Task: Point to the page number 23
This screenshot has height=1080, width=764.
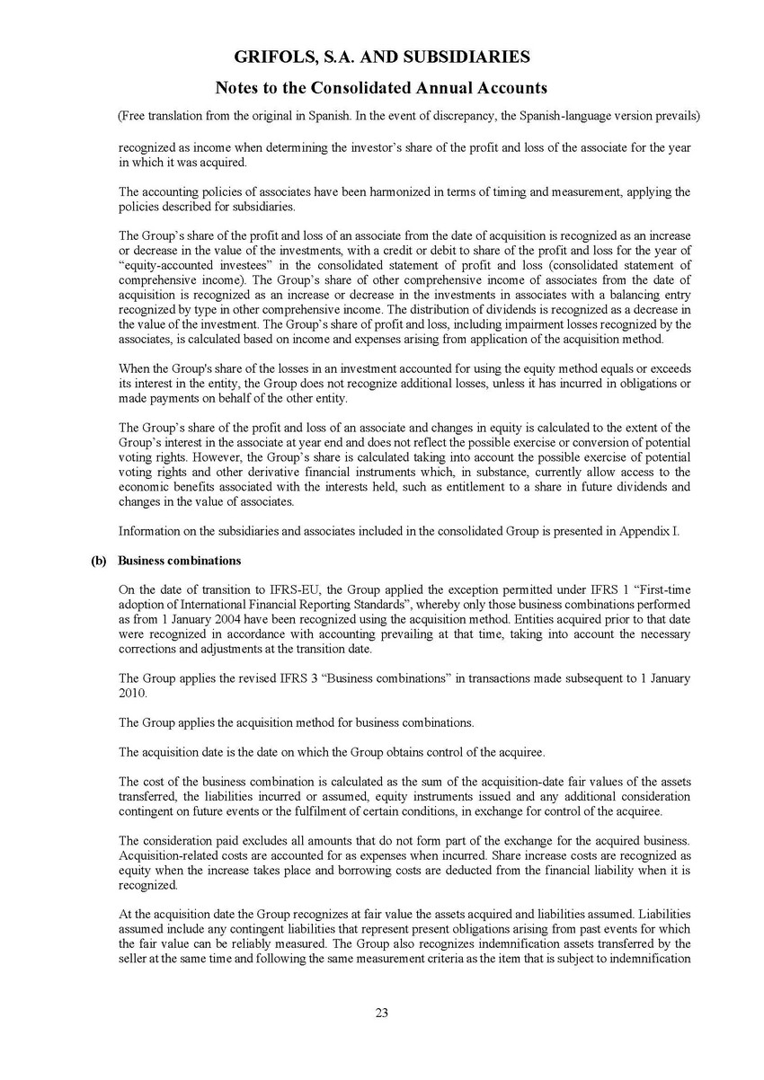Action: coord(382,1014)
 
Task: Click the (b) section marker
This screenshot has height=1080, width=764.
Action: coord(100,561)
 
